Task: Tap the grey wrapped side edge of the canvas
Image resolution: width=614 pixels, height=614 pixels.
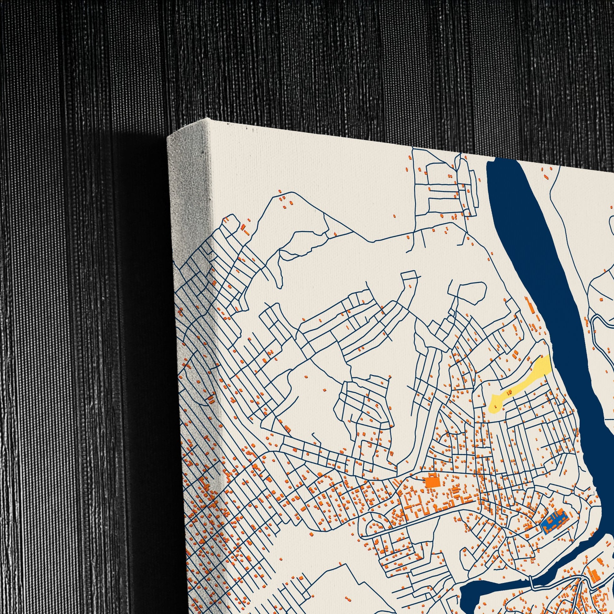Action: point(191,286)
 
